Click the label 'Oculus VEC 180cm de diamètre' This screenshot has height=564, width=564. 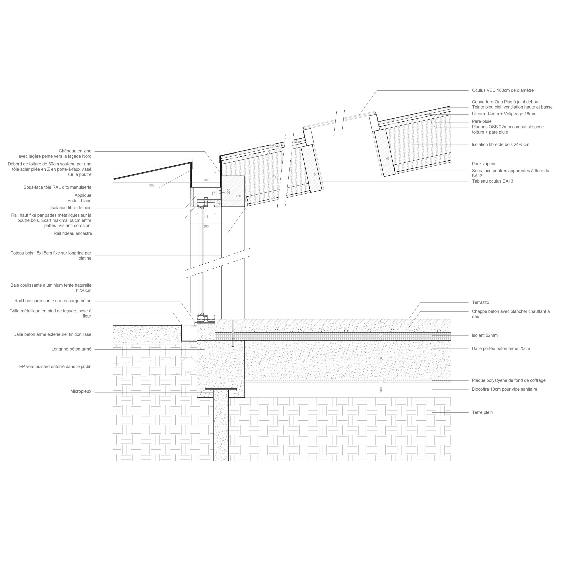click(503, 91)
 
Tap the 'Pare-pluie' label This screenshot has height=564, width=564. click(482, 121)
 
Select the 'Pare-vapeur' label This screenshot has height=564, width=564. click(484, 164)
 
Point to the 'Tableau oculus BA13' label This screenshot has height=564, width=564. click(492, 181)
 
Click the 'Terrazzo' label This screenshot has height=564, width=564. click(481, 302)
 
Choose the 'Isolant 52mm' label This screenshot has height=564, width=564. click(485, 335)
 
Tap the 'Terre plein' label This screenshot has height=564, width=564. click(482, 412)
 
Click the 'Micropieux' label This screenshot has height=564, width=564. click(81, 391)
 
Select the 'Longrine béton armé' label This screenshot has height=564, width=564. click(72, 349)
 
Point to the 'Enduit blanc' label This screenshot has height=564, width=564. click(79, 201)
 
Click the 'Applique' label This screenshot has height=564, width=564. click(83, 196)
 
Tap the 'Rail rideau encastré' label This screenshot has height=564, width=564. click(73, 234)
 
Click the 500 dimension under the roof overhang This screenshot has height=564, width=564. click(152, 185)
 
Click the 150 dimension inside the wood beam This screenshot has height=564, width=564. click(239, 196)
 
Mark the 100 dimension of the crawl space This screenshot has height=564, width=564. click(381, 390)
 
